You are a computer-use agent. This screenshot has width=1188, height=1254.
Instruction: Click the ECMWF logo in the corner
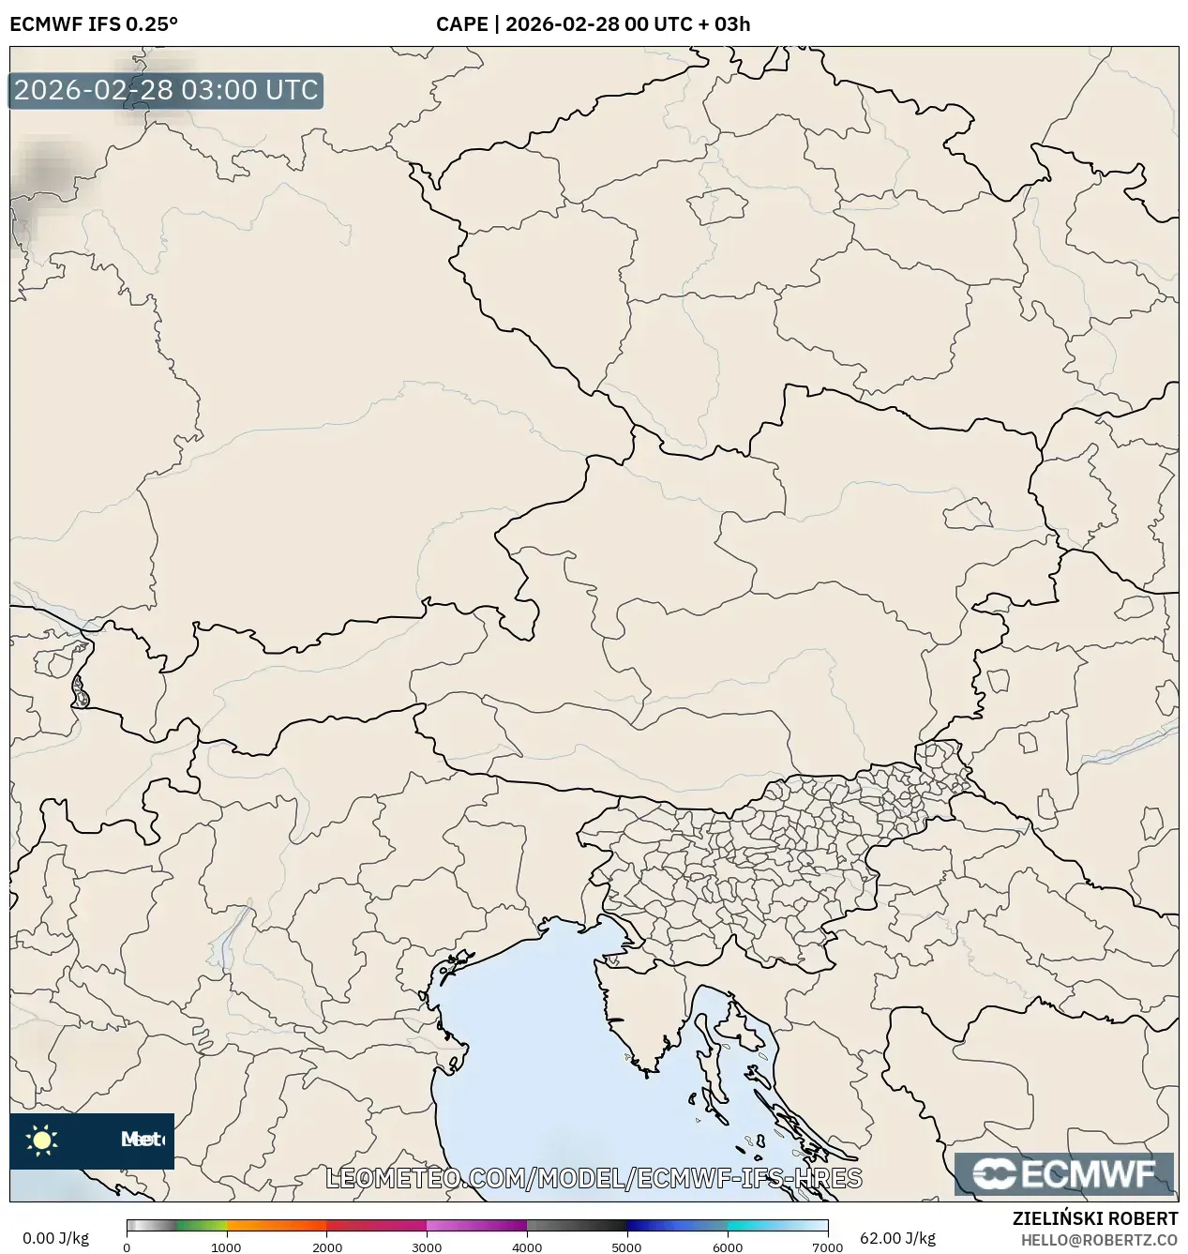(x=1064, y=1174)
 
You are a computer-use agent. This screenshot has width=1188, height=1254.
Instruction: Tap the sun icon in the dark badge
(x=41, y=1141)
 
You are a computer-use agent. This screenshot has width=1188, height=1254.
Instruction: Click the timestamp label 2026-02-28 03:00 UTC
(x=166, y=91)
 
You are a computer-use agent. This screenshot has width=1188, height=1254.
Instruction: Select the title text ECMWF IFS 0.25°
(x=94, y=24)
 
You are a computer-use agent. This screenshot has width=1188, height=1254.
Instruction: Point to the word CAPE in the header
(x=461, y=24)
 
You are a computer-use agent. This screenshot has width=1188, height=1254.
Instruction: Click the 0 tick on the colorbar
(x=127, y=1246)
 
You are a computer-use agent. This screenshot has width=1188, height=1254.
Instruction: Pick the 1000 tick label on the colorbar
(x=227, y=1246)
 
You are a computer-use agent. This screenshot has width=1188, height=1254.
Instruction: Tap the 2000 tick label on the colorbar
(x=326, y=1246)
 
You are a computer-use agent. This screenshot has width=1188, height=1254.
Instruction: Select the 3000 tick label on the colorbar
(x=427, y=1246)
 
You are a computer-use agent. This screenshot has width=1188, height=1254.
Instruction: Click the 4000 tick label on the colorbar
(x=527, y=1246)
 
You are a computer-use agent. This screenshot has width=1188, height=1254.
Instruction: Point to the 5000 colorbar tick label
(x=626, y=1246)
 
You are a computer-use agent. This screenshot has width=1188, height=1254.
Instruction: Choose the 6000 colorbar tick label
(x=727, y=1246)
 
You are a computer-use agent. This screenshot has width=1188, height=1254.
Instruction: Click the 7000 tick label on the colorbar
(x=827, y=1246)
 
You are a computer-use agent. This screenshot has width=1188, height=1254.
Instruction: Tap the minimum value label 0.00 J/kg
(x=55, y=1238)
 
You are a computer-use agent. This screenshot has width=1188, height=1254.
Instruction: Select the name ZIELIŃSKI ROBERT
(x=1095, y=1219)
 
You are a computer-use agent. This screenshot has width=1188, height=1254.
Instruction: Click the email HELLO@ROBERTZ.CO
(x=1099, y=1240)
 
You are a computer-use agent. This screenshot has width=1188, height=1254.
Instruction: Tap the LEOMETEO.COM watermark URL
(x=594, y=1178)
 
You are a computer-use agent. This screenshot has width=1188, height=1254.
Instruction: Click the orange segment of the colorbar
(x=277, y=1225)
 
